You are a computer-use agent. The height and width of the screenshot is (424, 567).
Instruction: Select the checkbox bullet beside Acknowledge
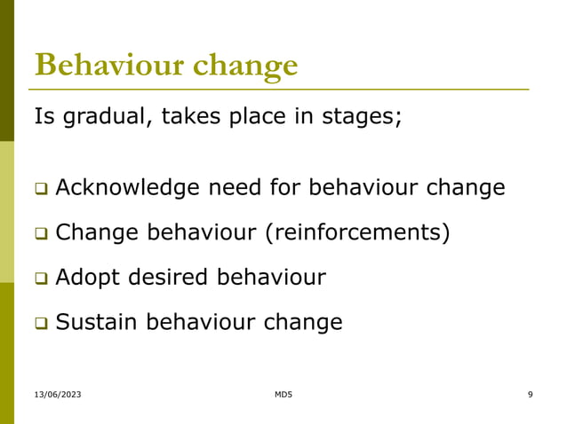coord(40,189)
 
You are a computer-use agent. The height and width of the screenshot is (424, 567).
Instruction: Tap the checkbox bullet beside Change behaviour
coord(40,234)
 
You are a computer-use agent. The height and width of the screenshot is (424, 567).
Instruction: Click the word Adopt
coord(87,279)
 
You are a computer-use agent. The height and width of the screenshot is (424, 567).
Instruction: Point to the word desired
coord(169,278)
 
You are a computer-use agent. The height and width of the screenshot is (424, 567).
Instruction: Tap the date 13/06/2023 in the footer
coord(58,394)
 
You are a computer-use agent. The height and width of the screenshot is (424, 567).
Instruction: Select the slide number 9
coord(530,394)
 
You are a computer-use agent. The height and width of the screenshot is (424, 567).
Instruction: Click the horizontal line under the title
coord(281,90)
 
